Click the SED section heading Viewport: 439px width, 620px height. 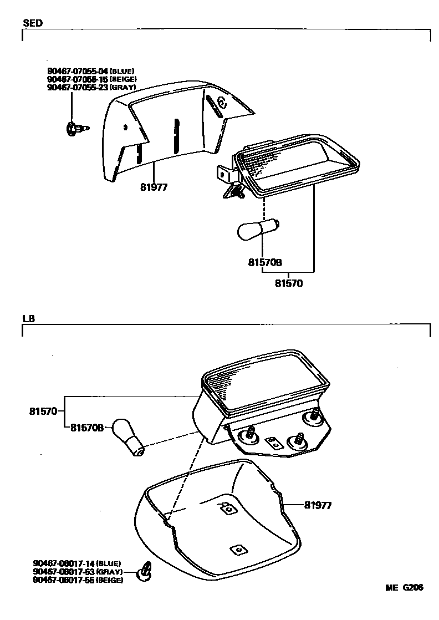tap(33, 23)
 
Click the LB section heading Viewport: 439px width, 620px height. tap(29, 319)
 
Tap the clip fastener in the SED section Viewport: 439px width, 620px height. tap(75, 129)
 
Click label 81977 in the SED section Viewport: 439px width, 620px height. tap(154, 187)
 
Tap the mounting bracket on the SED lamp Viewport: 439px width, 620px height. tap(224, 174)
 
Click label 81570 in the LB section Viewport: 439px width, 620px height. tap(43, 411)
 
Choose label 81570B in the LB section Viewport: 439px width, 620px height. tap(87, 428)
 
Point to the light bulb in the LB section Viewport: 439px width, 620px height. tap(128, 436)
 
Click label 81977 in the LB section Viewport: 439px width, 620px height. tap(318, 505)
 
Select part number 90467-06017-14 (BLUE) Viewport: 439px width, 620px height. tap(76, 563)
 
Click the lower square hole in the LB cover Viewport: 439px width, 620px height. tap(238, 549)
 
